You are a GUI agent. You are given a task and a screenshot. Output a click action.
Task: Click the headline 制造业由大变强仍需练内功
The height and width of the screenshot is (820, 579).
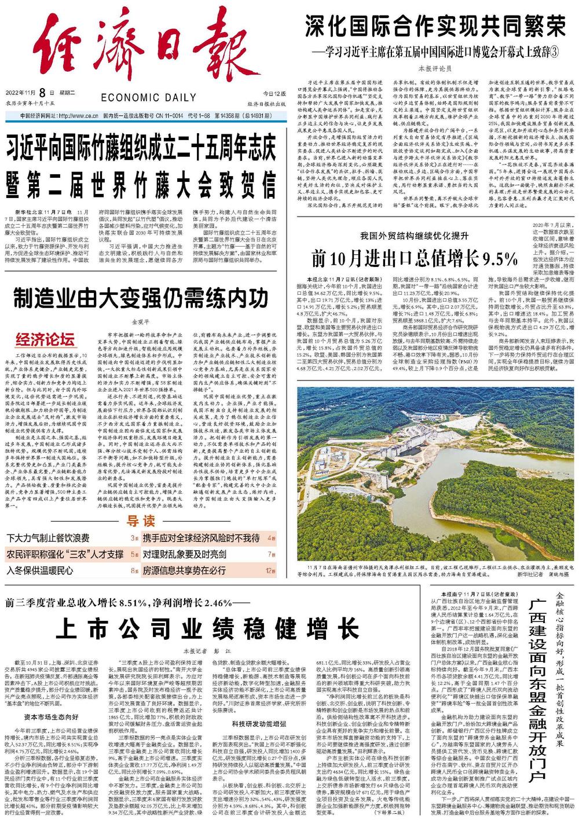coord(141,299)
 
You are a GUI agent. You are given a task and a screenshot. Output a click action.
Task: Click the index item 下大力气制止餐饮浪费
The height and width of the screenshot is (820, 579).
coord(48,537)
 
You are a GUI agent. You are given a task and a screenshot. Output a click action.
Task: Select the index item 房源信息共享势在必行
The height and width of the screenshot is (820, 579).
coord(184,570)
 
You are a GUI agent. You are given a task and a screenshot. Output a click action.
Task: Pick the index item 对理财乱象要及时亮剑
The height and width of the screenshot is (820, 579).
coord(184,554)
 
